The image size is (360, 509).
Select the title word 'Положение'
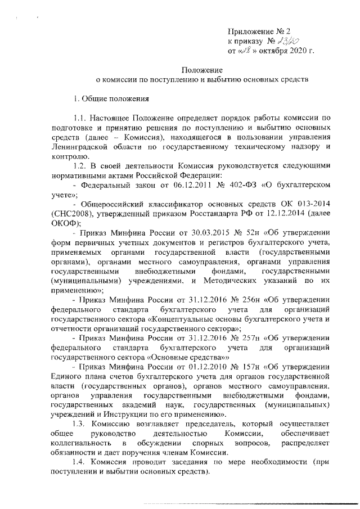[201, 70]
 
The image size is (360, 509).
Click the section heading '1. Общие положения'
[111, 99]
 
